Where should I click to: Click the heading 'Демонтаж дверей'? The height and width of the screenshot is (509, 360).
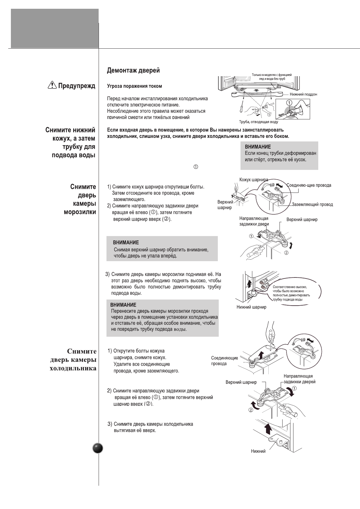coord(133,71)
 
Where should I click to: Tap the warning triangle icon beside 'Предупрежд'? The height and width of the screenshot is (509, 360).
coord(52,86)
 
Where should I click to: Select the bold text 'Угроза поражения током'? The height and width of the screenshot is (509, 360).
coord(134,86)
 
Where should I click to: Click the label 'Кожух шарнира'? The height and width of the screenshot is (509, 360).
coord(254,180)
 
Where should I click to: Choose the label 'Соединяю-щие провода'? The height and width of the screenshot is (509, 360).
coord(309,185)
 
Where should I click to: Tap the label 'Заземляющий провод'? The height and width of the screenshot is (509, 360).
coord(312,205)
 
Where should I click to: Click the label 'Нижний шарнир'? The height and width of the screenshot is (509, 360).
coord(251,307)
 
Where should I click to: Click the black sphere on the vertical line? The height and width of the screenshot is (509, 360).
coord(98,448)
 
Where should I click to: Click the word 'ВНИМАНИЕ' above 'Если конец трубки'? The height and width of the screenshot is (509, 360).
coord(258,147)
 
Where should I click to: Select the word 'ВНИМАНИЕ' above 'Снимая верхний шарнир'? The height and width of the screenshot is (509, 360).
coord(126,243)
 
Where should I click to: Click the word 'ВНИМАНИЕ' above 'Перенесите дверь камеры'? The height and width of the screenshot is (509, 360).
coord(123,305)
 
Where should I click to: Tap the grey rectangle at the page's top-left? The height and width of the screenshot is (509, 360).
coord(55,28)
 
